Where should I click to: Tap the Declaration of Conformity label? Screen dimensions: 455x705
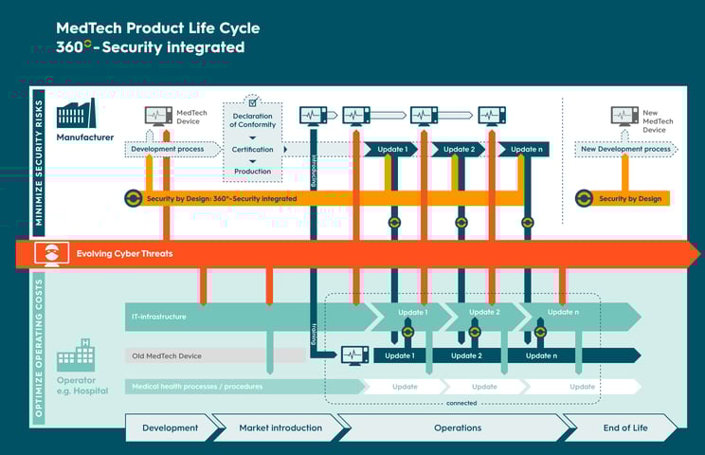point(252,121)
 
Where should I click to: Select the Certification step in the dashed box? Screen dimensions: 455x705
point(252,150)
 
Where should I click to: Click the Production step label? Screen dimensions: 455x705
point(252,172)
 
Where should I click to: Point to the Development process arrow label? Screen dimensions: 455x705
point(169,149)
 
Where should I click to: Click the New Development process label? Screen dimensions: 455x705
point(625,149)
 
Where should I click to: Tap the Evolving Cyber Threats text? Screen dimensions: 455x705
point(125,253)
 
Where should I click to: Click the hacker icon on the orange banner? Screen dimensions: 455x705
point(51,253)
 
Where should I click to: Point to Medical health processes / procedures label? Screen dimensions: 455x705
point(197,386)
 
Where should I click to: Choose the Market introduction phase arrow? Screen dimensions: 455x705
point(280,428)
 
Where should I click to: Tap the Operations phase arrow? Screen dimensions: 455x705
point(458,428)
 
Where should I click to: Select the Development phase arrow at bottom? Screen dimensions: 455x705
point(171,428)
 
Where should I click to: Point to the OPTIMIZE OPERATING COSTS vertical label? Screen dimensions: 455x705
point(39,347)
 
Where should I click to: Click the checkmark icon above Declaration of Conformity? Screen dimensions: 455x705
point(252,100)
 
